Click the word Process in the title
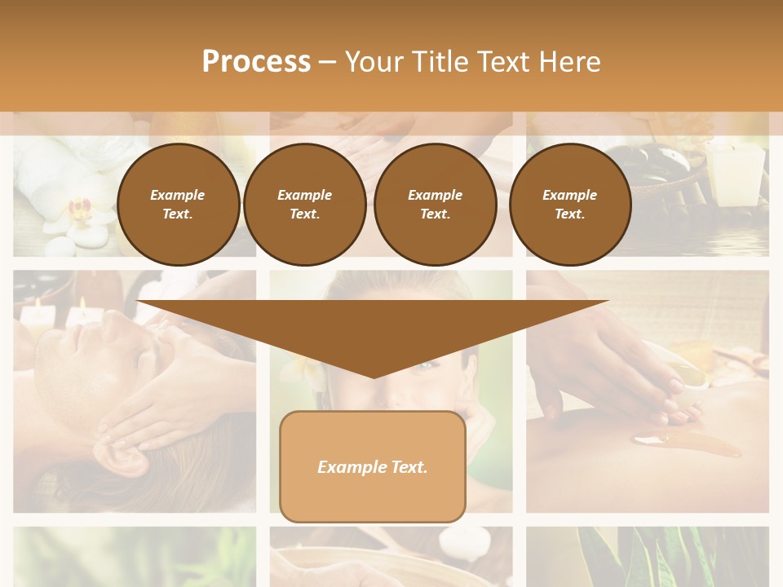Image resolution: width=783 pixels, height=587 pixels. (256, 62)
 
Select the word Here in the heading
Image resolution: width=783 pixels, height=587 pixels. (565, 62)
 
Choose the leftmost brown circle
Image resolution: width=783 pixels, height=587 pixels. (178, 205)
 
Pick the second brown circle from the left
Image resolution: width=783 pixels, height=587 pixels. (304, 205)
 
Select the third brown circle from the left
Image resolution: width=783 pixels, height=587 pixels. (435, 205)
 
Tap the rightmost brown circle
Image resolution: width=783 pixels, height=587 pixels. (569, 205)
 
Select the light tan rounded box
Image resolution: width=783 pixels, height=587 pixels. (373, 466)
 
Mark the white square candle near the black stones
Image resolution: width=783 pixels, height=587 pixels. (736, 174)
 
